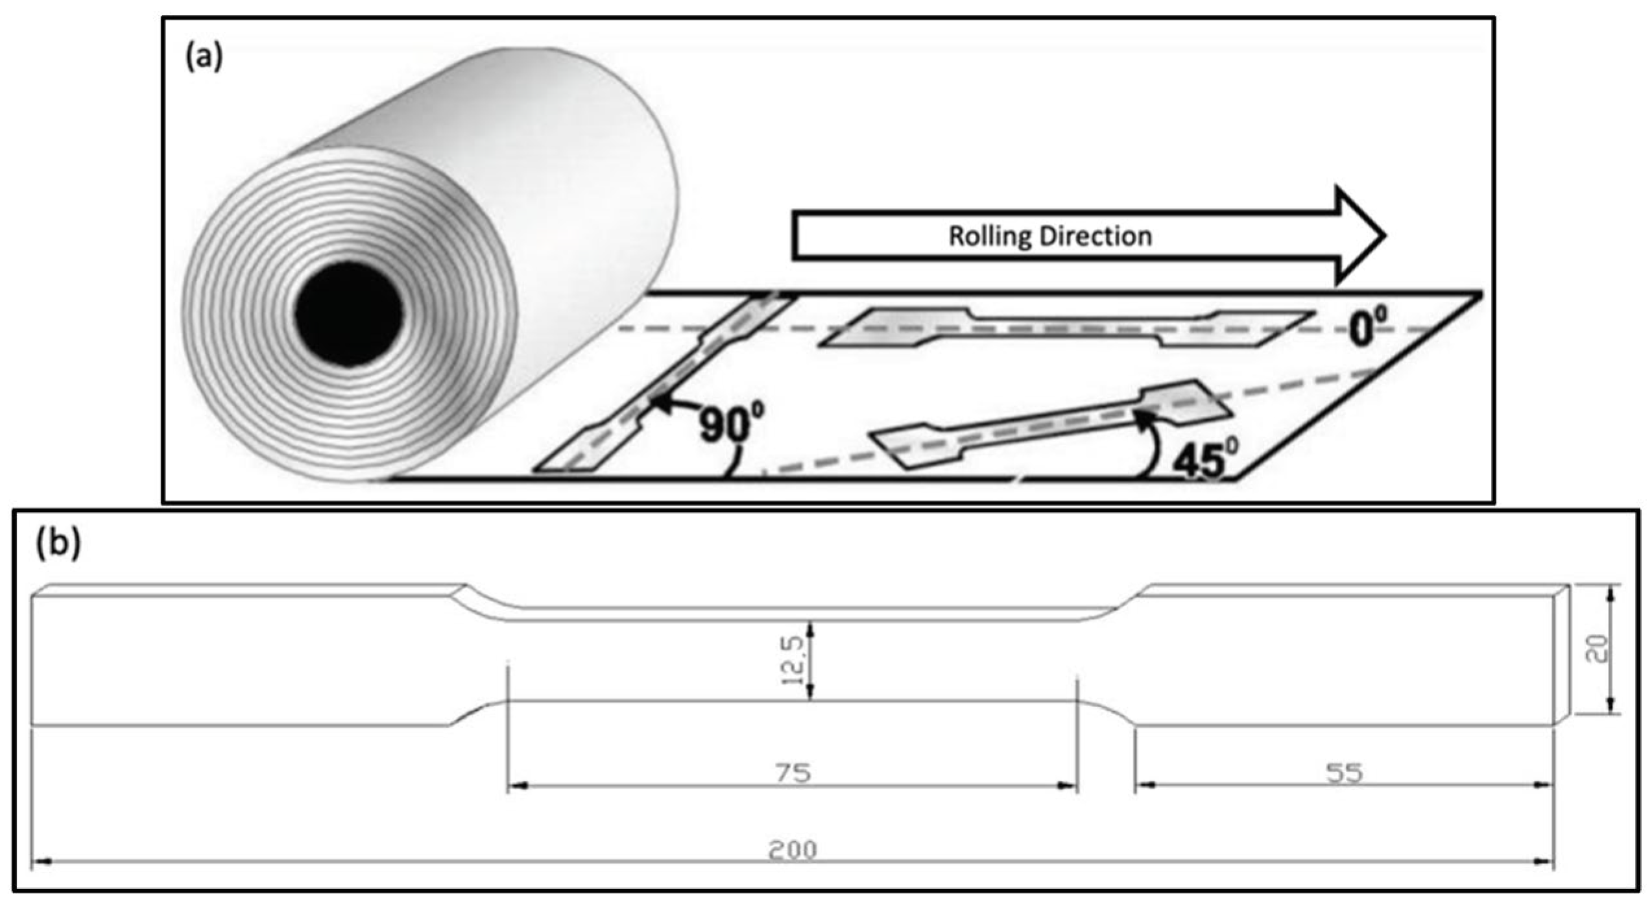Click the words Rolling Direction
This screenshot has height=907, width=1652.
click(x=1050, y=236)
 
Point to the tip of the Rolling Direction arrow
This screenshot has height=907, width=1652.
click(x=1383, y=236)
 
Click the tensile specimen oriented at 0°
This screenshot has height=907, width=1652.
click(x=1064, y=328)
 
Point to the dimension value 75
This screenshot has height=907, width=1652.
click(x=793, y=773)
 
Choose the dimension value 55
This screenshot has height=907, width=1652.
click(x=1345, y=773)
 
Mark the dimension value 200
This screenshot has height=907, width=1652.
click(x=792, y=850)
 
